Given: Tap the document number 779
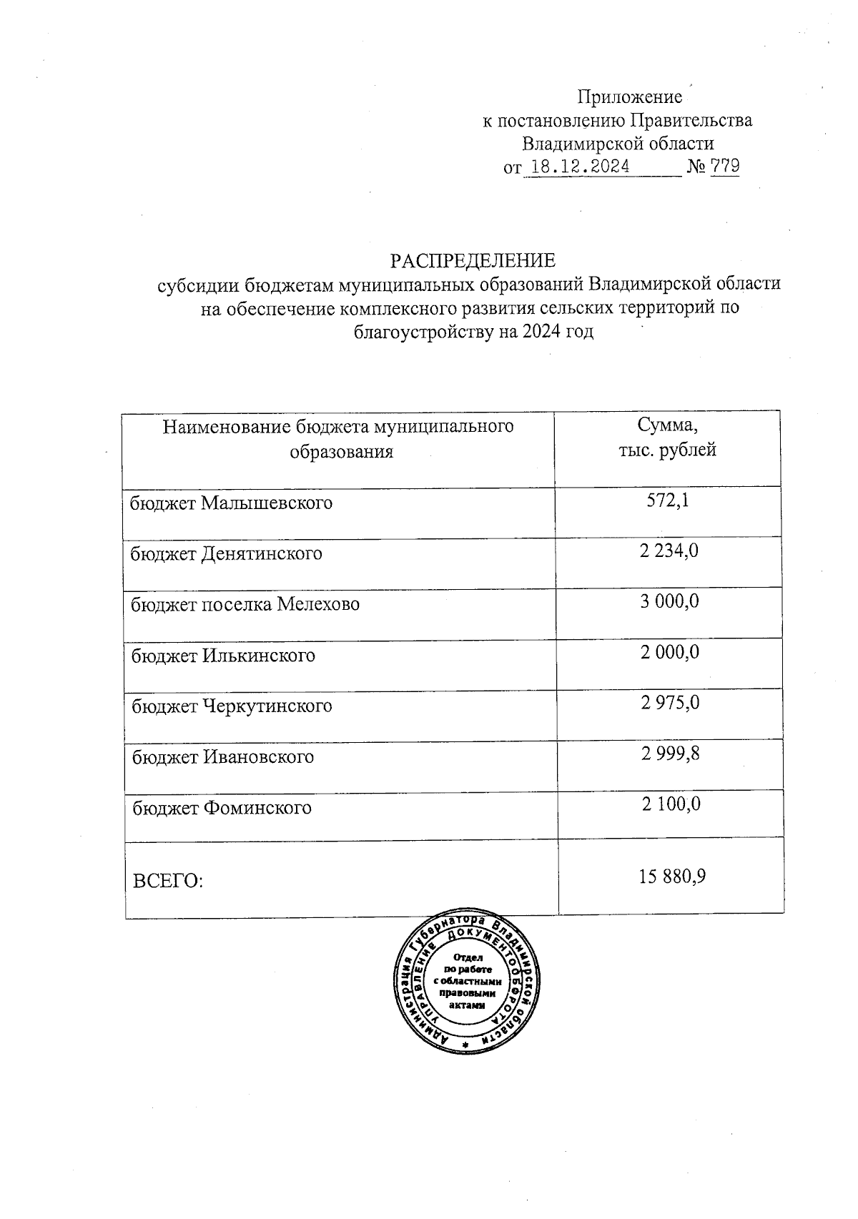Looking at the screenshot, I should click(x=725, y=167).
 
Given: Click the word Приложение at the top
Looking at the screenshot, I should click(x=629, y=97).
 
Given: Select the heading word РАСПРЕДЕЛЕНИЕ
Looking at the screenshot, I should click(x=472, y=260).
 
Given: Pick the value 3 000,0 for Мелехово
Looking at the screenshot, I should click(x=669, y=602).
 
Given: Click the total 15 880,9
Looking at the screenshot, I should click(x=673, y=876).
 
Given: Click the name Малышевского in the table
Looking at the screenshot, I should click(x=267, y=503).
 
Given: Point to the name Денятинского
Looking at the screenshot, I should click(x=262, y=554).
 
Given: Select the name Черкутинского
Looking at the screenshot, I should click(x=267, y=707).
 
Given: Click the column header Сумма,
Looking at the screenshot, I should click(x=667, y=426).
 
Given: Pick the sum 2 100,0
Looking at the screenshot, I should click(x=671, y=805).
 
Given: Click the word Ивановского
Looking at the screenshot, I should click(x=259, y=757).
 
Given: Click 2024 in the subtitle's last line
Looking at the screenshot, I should click(x=541, y=332).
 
